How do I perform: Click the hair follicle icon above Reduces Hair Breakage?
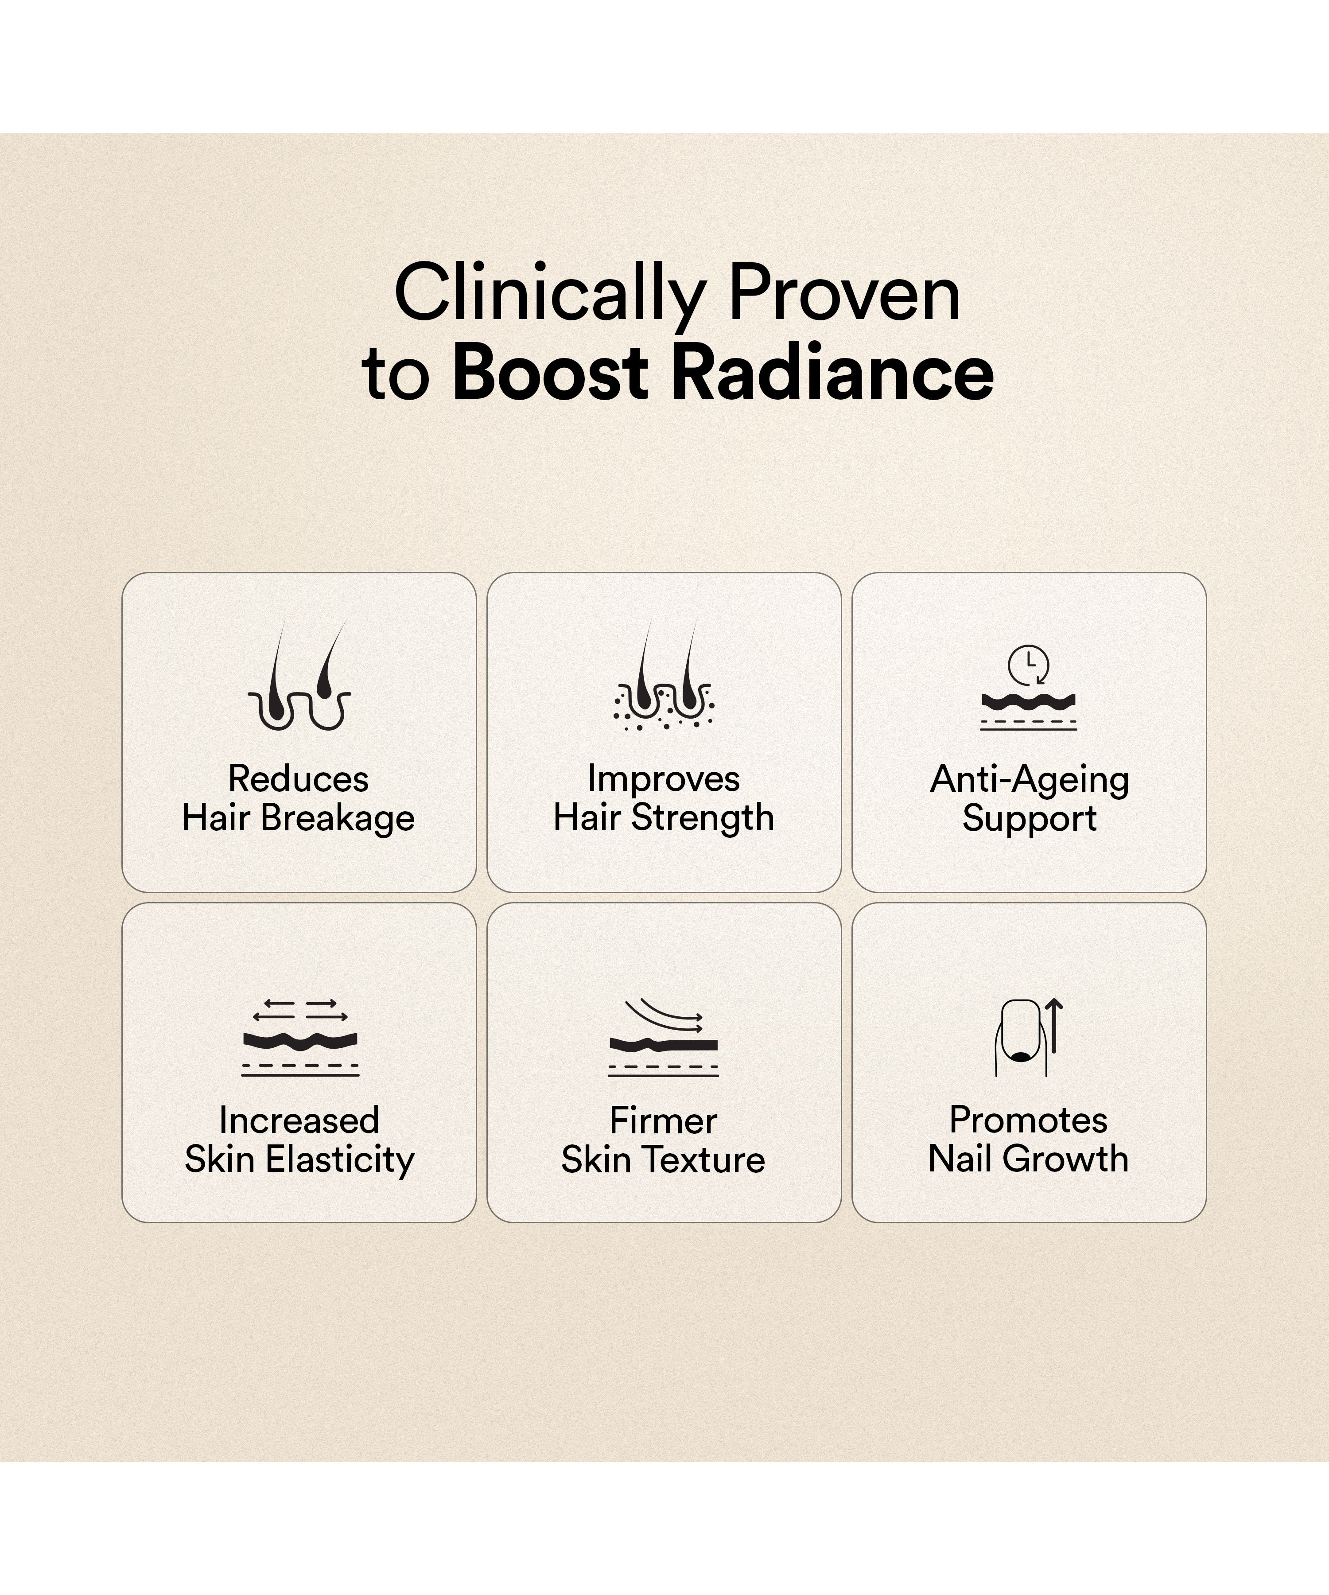299,674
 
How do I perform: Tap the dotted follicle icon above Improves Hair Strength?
664,674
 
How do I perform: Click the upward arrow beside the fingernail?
1054,1025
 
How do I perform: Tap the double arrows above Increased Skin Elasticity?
300,1010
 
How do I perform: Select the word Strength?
703,818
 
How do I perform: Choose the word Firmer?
663,1120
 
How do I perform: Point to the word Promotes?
1028,1120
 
